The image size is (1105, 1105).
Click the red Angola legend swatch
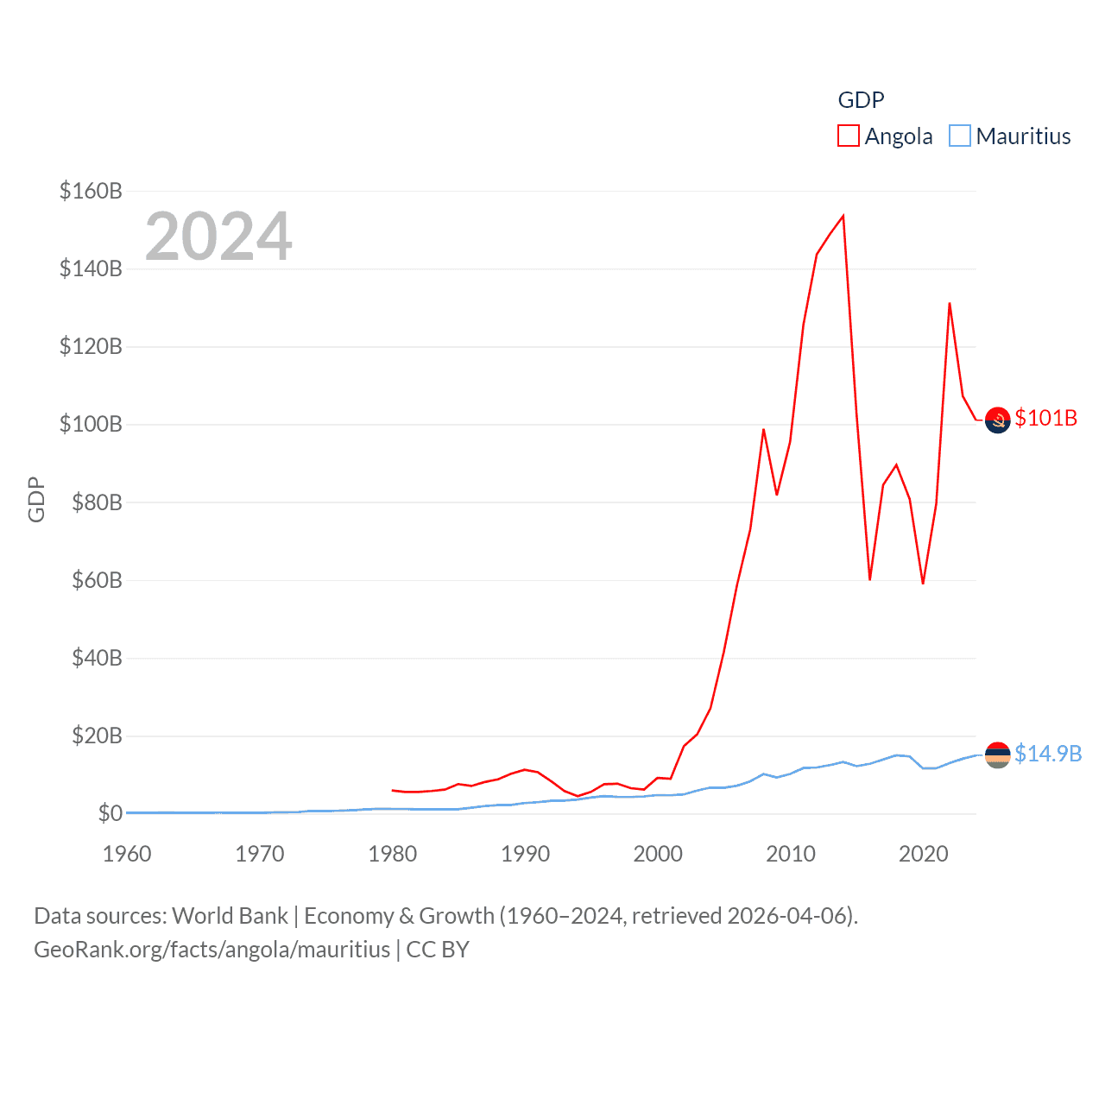coord(849,136)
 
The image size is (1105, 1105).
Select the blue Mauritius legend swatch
coord(960,136)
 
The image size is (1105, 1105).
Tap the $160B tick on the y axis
coord(91,191)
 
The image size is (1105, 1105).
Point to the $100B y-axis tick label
coord(91,424)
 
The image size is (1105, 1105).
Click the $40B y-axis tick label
coord(91,658)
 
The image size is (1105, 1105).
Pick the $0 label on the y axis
coord(110,813)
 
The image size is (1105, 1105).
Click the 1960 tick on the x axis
coord(127,854)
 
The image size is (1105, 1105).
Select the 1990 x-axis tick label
coord(525,854)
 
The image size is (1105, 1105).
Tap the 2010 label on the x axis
coord(791,854)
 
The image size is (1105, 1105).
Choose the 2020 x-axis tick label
coord(924,854)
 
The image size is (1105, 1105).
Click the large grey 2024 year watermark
coord(218,236)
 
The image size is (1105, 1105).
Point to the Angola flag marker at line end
coord(998,420)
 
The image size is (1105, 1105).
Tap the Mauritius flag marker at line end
coord(998,755)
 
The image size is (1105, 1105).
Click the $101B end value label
coord(1046,418)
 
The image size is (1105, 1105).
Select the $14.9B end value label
coord(1048,754)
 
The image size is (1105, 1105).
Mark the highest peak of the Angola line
coord(843,216)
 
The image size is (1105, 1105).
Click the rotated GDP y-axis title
coord(36,499)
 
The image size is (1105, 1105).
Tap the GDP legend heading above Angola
coord(862,100)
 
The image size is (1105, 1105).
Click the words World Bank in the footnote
coord(230,915)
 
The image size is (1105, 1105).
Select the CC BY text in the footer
coord(438,950)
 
